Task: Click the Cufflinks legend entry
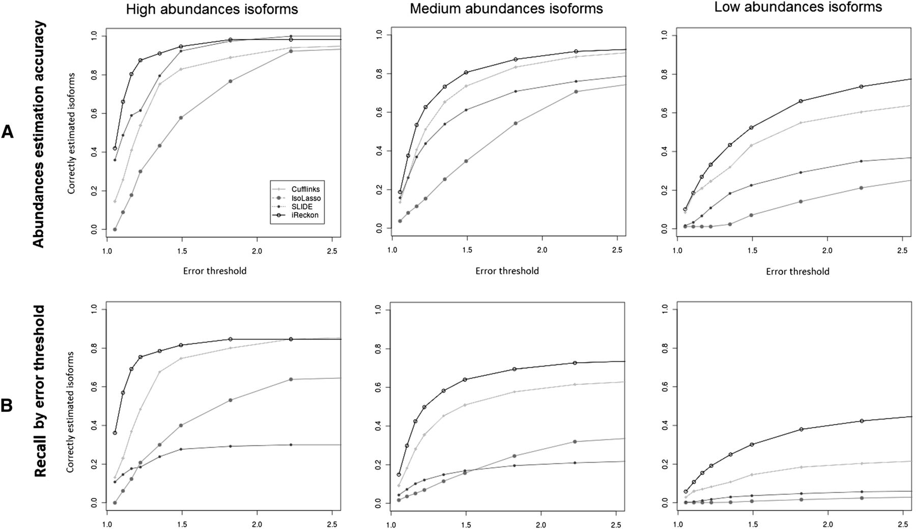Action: [x=297, y=189]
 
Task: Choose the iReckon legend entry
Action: [x=296, y=215]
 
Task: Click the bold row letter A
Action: [x=7, y=132]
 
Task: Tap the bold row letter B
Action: [x=7, y=406]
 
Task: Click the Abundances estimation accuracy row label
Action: [x=39, y=134]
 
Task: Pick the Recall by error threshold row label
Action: [x=40, y=391]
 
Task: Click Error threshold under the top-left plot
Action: [x=215, y=271]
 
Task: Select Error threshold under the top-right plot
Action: [x=797, y=271]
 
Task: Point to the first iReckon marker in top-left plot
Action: [x=115, y=149]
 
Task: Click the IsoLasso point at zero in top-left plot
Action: [x=115, y=230]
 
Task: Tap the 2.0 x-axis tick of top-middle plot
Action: [x=542, y=250]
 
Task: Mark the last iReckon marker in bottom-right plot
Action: [x=862, y=421]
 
